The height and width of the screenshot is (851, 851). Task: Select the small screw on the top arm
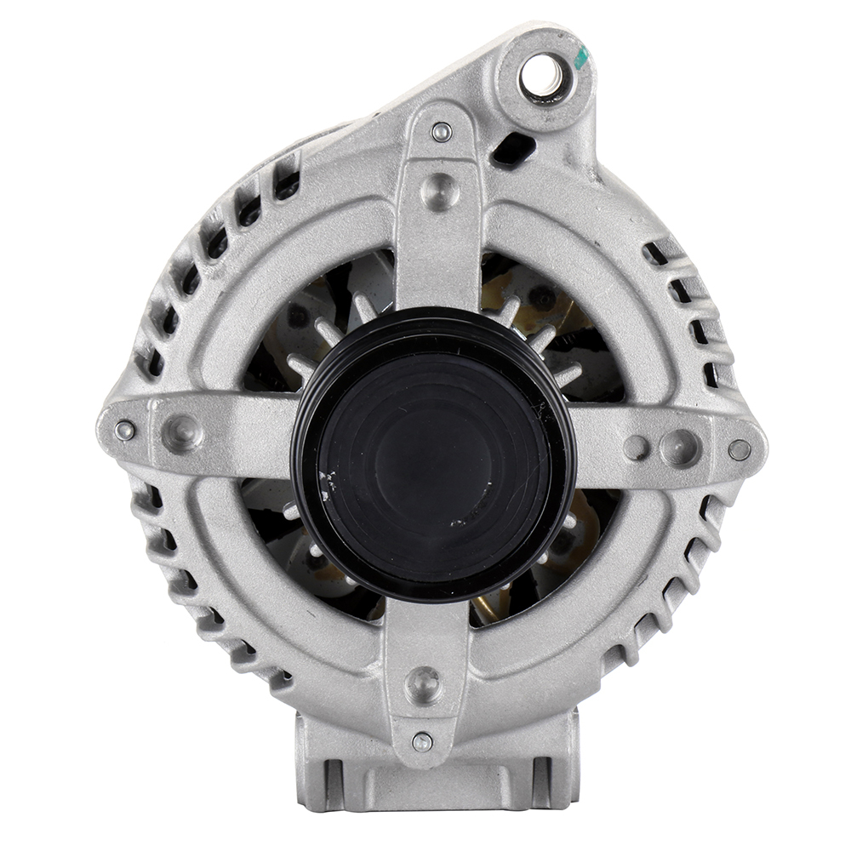click(x=441, y=132)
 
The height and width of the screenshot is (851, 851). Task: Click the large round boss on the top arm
click(x=440, y=191)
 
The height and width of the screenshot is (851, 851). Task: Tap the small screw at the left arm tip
click(x=125, y=431)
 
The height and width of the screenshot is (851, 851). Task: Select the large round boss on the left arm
click(x=182, y=432)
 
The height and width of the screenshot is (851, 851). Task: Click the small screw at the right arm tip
click(x=739, y=449)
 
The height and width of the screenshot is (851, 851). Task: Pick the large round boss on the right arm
click(x=681, y=447)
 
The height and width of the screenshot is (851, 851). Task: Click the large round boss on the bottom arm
click(x=423, y=683)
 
